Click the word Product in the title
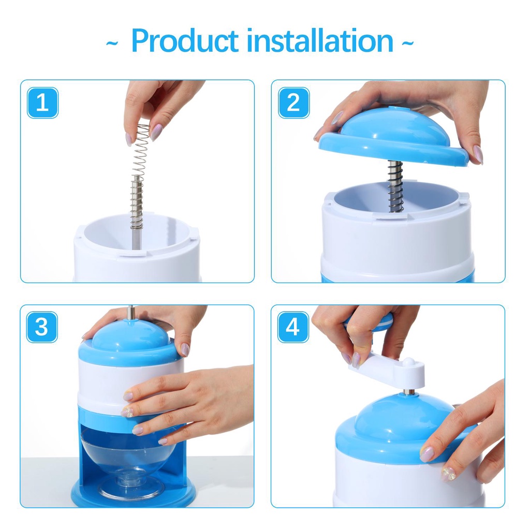pyautogui.click(x=185, y=41)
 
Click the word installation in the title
pyautogui.click(x=320, y=41)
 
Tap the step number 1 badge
pyautogui.click(x=42, y=102)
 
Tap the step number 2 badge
pyautogui.click(x=293, y=102)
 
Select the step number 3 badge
pyautogui.click(x=42, y=327)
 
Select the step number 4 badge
pyautogui.click(x=293, y=327)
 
